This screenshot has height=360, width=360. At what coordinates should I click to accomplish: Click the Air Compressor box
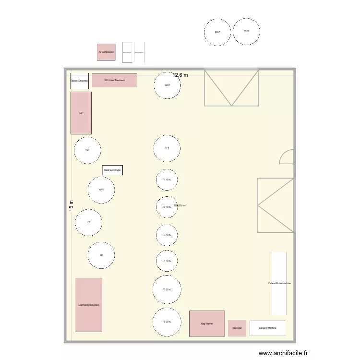[106, 51]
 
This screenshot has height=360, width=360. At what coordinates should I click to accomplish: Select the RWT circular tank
[217, 32]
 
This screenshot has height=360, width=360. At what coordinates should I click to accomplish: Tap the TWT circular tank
[246, 31]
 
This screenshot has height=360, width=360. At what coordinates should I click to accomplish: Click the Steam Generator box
[79, 81]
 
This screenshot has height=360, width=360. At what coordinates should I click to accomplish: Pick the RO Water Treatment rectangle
[114, 80]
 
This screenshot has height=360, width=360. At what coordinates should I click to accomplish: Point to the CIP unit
[81, 113]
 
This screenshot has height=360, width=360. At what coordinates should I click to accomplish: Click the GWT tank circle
[167, 85]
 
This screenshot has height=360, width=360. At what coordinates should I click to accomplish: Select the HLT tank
[87, 150]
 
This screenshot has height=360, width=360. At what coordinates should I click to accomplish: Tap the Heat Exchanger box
[112, 170]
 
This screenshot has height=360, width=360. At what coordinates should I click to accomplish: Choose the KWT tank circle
[101, 190]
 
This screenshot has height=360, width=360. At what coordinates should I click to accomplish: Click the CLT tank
[167, 149]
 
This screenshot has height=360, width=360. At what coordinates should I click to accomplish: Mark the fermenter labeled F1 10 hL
[167, 180]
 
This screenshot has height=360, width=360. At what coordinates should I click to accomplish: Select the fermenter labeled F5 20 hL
[167, 289]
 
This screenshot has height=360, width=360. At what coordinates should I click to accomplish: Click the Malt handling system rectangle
[89, 305]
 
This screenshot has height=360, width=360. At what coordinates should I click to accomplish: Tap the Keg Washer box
[207, 324]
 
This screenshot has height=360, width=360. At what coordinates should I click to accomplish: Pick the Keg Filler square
[237, 328]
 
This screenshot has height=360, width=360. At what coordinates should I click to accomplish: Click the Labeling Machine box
[267, 328]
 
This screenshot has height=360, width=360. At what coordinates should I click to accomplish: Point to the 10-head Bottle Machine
[279, 283]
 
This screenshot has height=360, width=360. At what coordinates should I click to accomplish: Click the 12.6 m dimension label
[180, 75]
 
